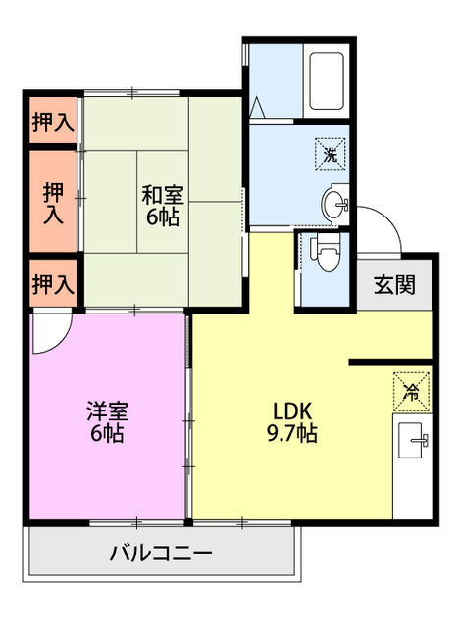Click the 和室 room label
coord(163,195)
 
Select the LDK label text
coord(292,410)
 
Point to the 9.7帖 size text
coord(293,433)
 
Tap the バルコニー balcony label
coord(162,554)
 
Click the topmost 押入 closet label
coord(52,122)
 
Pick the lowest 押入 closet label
coord(52,285)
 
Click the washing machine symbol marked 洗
coord(331,153)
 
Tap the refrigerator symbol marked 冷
coord(411,391)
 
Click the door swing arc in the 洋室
coord(49,334)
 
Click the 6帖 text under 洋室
coord(107,434)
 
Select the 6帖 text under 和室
coord(163,217)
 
